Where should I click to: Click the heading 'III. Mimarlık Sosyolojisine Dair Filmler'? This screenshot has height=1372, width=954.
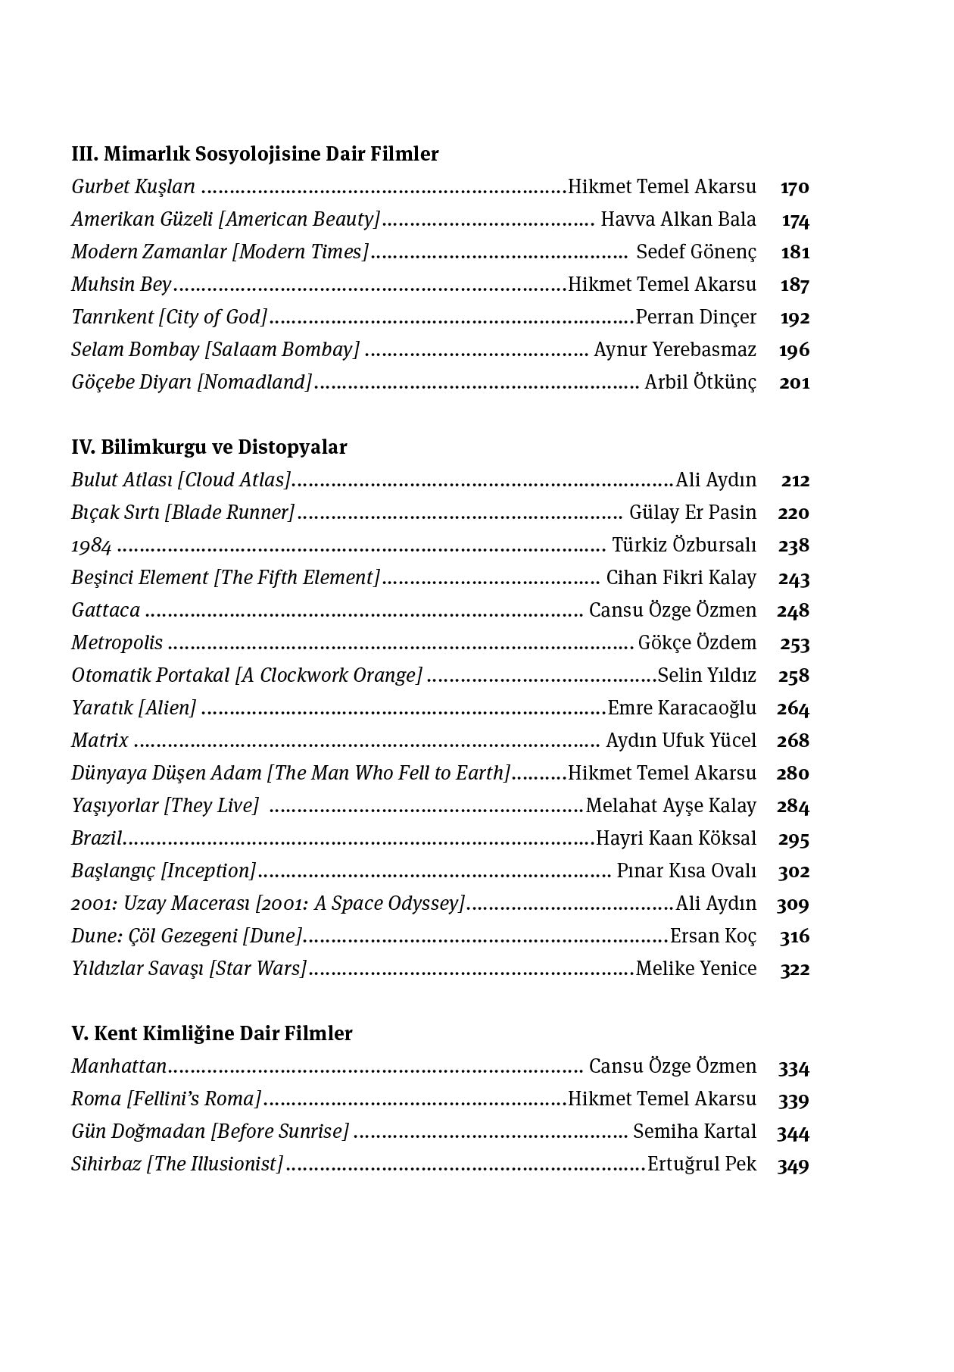[255, 154]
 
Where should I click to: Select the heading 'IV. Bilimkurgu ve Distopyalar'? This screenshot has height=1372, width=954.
[209, 447]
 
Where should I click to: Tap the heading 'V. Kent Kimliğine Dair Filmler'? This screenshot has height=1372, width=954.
[212, 1033]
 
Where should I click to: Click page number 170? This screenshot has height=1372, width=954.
[794, 187]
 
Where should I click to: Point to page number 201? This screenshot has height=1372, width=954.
[794, 383]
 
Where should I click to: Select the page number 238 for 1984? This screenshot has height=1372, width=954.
[793, 545]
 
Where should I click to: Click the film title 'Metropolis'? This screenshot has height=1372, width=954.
[117, 643]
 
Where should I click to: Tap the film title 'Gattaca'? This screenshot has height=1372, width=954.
[106, 611]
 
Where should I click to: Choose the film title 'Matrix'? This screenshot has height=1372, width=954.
[100, 741]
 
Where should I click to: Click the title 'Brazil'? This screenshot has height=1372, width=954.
[97, 839]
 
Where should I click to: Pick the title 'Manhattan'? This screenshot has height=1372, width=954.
[119, 1067]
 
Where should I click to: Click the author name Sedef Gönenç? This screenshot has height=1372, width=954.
[696, 252]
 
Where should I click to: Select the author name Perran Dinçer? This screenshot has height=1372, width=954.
[696, 317]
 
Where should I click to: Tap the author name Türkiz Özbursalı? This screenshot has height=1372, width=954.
[684, 545]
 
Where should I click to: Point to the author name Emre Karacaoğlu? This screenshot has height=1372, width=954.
[681, 708]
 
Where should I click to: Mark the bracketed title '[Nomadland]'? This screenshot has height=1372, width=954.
[254, 383]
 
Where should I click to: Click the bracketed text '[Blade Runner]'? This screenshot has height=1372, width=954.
[229, 513]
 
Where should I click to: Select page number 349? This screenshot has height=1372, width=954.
[793, 1165]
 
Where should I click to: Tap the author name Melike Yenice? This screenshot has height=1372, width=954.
[696, 969]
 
